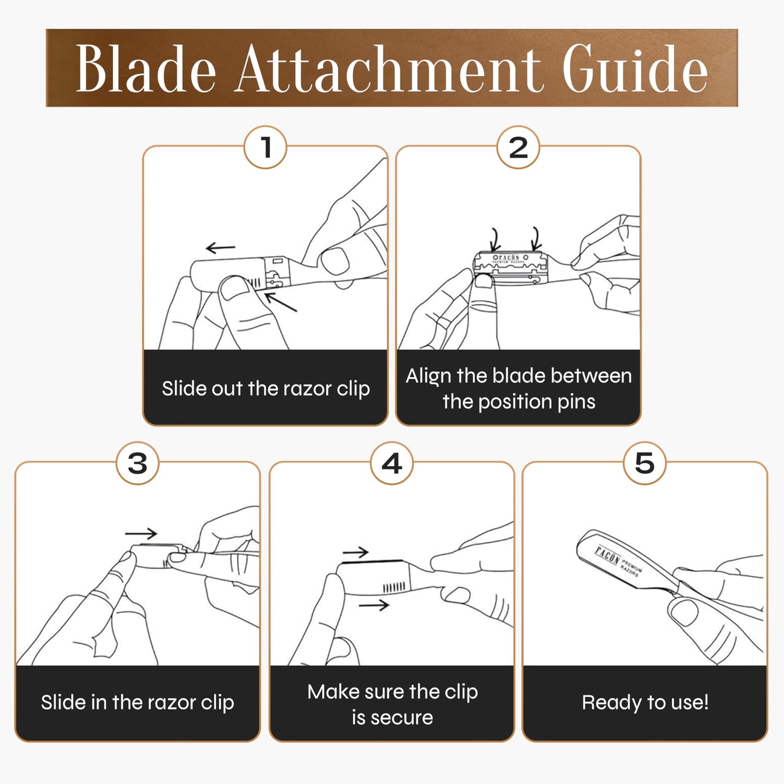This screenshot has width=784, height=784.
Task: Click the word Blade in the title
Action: click(145, 69)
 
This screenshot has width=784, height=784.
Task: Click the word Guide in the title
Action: click(635, 68)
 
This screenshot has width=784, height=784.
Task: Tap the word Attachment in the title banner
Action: click(389, 69)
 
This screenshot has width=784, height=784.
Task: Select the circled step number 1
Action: click(265, 147)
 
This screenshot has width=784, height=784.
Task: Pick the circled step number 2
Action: click(518, 147)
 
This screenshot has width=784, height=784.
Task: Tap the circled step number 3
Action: click(137, 463)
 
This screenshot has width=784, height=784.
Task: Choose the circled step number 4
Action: click(391, 463)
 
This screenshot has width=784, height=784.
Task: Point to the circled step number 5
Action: click(645, 463)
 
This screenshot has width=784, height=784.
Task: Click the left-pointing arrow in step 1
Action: click(220, 247)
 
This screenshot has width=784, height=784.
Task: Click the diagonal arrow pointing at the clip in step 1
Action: click(281, 302)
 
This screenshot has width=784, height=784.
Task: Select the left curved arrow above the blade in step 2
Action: click(495, 239)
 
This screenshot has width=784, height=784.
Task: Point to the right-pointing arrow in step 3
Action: click(141, 533)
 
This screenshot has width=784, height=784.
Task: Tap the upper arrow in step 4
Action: click(355, 552)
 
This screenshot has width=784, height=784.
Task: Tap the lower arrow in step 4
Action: click(374, 605)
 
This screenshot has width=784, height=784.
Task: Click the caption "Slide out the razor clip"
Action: click(266, 388)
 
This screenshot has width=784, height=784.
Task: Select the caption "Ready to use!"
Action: click(645, 702)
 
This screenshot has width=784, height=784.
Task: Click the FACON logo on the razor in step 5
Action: click(607, 556)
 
